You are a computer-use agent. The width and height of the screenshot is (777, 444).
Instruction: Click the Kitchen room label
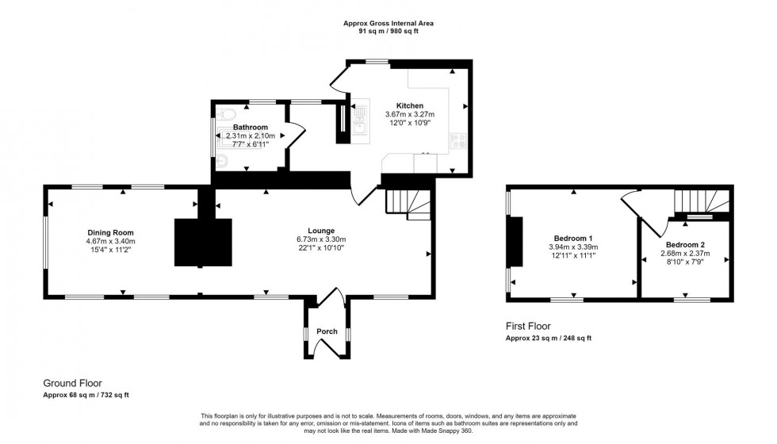[410, 105]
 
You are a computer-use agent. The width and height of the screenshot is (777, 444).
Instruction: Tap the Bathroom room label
[251, 127]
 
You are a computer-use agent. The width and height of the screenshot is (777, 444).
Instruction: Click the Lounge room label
[321, 231]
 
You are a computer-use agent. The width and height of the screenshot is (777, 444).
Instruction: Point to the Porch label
[327, 331]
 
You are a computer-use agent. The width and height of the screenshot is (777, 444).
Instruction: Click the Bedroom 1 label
[573, 238]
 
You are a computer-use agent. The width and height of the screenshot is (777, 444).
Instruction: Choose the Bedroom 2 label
[686, 244]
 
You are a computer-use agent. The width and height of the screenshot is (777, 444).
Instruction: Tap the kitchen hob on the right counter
[458, 142]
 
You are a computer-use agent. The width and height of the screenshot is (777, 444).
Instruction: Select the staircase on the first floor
[700, 203]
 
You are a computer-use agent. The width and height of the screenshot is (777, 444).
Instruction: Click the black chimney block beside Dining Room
[203, 243]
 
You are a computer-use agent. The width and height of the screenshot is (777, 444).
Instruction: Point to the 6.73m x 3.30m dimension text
[321, 239]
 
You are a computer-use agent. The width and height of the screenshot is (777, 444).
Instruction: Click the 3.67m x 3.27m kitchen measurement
[410, 114]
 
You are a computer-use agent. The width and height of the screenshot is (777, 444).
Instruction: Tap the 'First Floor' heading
[528, 326]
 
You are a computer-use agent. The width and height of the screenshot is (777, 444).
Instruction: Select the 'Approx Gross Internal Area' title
[388, 24]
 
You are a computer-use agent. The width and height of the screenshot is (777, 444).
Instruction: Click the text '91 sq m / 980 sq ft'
[388, 33]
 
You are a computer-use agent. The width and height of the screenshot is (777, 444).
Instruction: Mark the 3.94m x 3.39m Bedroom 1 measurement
[573, 247]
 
